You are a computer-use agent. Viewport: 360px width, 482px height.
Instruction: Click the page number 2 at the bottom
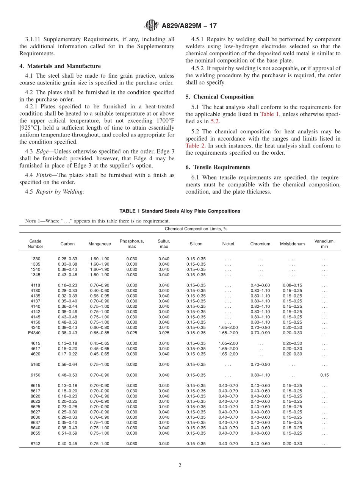(x=180, y=465)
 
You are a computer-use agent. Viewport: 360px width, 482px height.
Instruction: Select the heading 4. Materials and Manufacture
(x=60, y=66)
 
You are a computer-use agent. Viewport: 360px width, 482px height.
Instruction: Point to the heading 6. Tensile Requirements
(x=218, y=167)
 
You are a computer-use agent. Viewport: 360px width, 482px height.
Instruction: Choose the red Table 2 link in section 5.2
(x=194, y=146)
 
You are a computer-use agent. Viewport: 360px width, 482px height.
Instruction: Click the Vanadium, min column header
(x=324, y=244)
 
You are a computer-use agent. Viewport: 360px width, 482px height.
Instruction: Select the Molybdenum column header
(x=292, y=244)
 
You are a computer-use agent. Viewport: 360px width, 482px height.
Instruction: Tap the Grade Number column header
(x=35, y=244)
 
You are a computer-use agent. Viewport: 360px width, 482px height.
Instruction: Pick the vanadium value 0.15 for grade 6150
(x=324, y=375)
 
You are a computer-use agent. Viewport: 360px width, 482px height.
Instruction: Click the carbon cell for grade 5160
(x=67, y=365)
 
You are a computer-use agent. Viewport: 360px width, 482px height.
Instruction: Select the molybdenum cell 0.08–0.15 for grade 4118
(x=292, y=285)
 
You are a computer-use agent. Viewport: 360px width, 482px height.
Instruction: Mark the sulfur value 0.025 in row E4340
(x=164, y=333)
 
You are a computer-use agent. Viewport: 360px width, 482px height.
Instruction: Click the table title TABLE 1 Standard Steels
(x=180, y=211)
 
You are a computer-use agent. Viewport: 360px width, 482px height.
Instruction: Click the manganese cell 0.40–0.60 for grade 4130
(x=99, y=291)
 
